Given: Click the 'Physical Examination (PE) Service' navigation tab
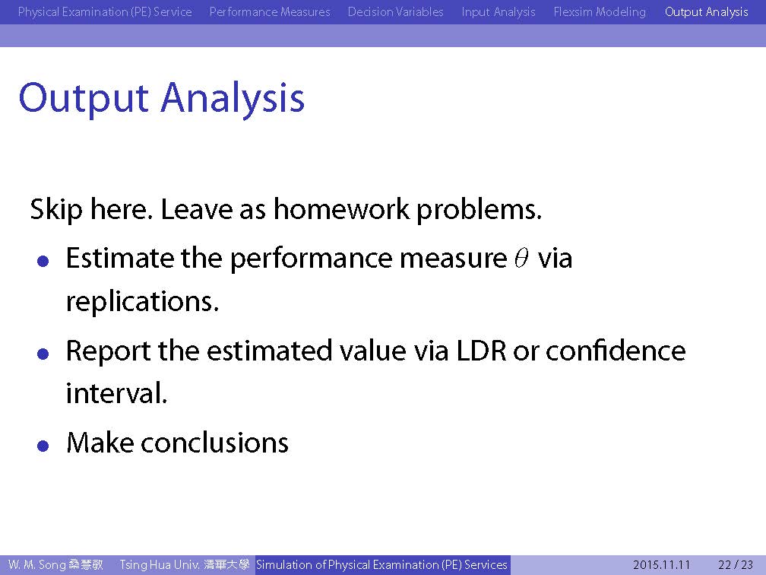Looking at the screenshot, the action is [105, 11].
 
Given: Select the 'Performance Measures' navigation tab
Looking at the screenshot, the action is [270, 11].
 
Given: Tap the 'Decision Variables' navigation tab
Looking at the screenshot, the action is [396, 11].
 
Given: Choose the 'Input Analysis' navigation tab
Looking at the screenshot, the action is [499, 11].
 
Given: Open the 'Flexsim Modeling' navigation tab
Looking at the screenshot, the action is [600, 11].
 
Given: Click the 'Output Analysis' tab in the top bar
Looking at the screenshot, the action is [707, 11].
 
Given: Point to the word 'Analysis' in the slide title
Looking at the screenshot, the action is [233, 99].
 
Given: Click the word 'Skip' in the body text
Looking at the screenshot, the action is [56, 209].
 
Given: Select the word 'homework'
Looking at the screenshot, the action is [341, 208].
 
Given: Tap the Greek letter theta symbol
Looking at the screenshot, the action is [521, 258].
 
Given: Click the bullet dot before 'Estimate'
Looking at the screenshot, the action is [43, 261].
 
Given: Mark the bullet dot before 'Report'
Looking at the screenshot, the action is [43, 354].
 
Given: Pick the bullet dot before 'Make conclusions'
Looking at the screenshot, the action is [43, 446].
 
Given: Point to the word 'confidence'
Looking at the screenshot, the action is [616, 350].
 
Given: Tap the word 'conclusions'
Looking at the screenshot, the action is [214, 443].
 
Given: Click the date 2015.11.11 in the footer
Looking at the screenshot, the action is [661, 565].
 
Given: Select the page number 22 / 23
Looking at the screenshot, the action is [736, 565].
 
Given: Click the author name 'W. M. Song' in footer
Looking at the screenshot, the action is [37, 565].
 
